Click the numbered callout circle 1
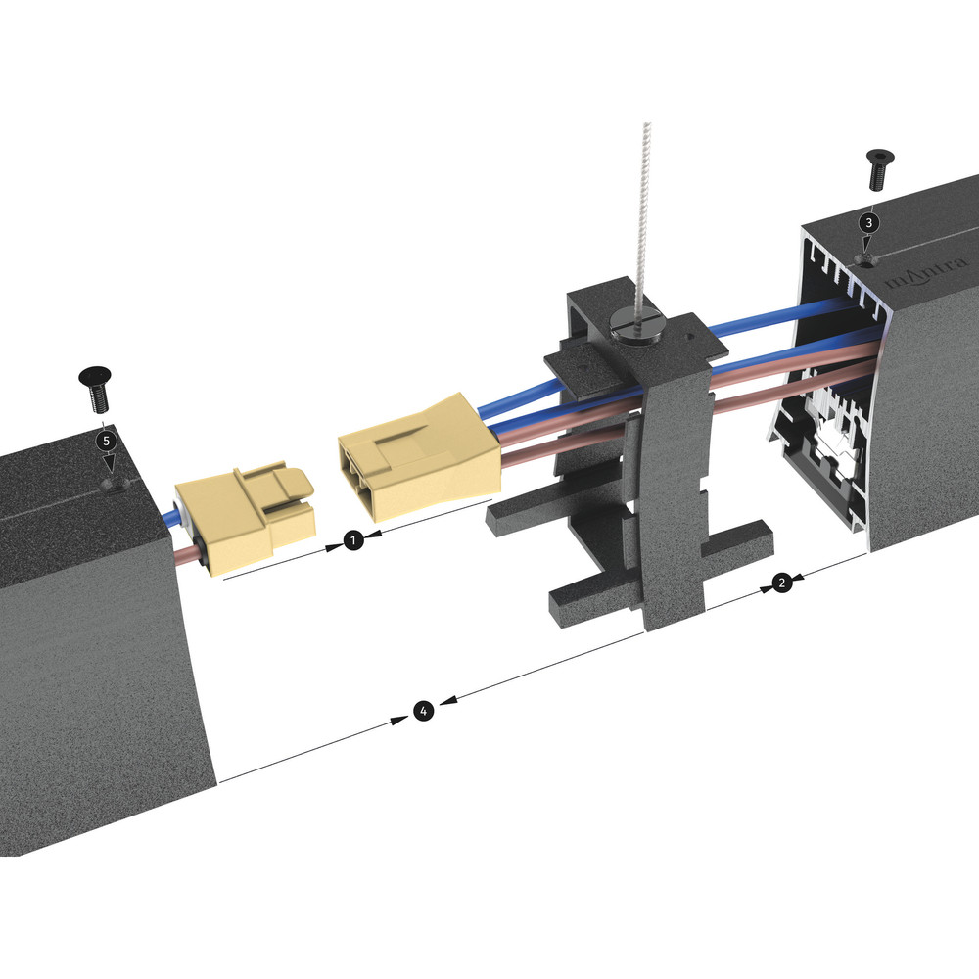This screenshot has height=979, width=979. [353, 540]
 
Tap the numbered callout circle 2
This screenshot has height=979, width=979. [781, 583]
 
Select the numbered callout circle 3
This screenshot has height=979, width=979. [869, 222]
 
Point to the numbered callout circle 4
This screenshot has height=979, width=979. [423, 711]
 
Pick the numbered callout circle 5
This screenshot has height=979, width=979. [106, 441]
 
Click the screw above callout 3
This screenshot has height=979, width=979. [880, 169]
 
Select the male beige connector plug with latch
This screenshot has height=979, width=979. [244, 520]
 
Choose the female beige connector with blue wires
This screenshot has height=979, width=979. [419, 458]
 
